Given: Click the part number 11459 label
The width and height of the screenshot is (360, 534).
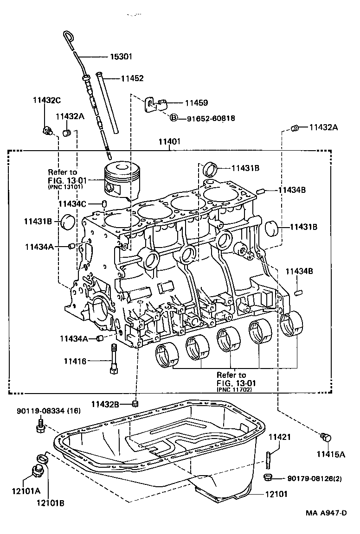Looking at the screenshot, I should point(196,103).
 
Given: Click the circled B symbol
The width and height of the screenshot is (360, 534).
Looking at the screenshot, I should point(174,118).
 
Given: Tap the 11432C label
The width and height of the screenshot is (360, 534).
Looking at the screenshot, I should point(46,100).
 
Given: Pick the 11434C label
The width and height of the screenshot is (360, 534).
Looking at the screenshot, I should point(72,203).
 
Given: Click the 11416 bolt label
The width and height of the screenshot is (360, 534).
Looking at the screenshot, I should point(75,360).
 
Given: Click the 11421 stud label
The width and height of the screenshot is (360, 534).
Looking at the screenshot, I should point(280,436).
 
